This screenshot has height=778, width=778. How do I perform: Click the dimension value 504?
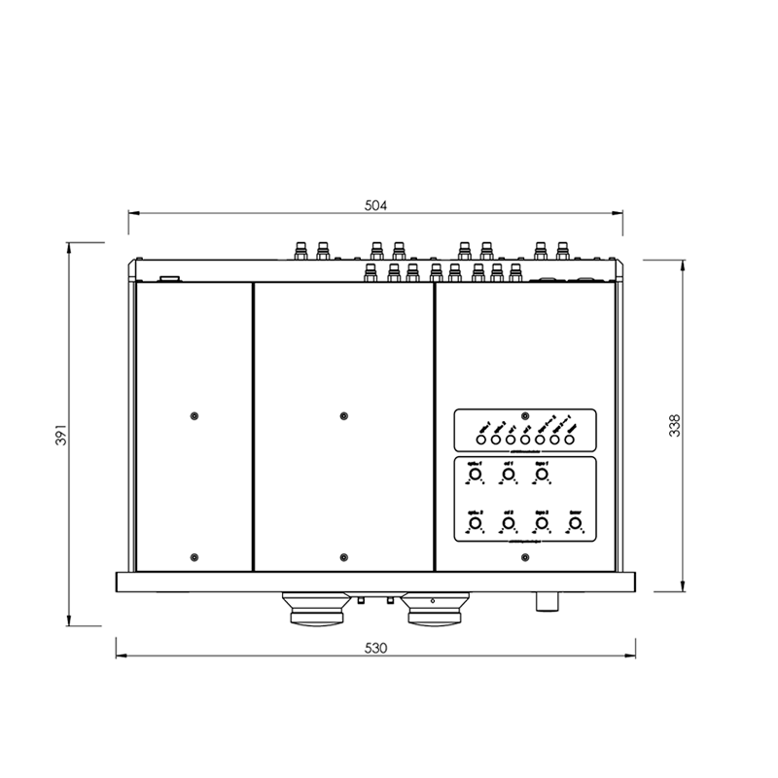coord(375,205)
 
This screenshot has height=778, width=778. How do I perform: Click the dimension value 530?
coord(375,648)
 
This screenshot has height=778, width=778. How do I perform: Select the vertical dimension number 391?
coord(59,434)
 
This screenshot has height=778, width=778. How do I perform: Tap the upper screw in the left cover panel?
coord(194,416)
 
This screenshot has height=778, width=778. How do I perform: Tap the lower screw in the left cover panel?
coord(194,557)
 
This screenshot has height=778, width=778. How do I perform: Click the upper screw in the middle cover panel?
coord(343,416)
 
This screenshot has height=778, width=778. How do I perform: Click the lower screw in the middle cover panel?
coord(343,557)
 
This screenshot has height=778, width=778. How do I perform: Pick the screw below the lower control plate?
coord(525,557)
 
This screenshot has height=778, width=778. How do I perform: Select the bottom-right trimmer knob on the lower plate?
coord(575,524)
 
